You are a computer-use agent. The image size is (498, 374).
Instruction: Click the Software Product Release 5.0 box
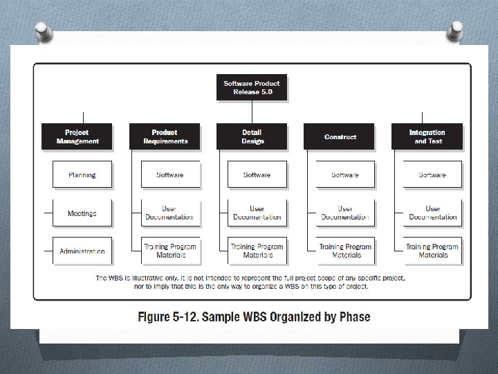coord(252,88)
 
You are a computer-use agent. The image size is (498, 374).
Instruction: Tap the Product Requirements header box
coord(165,136)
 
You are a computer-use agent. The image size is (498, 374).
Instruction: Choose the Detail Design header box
coord(252,136)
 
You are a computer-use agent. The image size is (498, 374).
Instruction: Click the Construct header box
coord(340,136)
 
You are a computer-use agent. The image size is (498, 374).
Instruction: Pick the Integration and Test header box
coord(427,136)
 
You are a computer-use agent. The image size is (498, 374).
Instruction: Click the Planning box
coord(82,175)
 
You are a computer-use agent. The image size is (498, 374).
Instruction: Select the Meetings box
coord(82,213)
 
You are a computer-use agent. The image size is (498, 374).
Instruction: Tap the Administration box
coord(82,251)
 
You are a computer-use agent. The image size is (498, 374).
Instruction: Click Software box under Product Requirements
coord(170,175)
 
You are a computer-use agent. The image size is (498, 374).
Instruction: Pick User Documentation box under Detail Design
coord(257,213)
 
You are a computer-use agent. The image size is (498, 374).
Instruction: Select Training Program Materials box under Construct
coord(345,251)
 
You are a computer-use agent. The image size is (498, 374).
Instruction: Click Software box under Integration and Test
coord(432,175)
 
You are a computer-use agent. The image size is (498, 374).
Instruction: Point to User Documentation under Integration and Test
coord(432,213)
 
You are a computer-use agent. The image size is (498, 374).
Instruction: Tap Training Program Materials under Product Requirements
coord(170,251)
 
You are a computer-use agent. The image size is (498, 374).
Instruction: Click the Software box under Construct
coord(345,175)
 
